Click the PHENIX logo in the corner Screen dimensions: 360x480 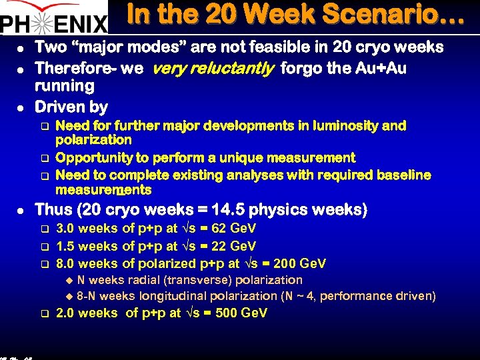pyautogui.click(x=53, y=18)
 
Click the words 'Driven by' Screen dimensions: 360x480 pyautogui.click(x=71, y=107)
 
